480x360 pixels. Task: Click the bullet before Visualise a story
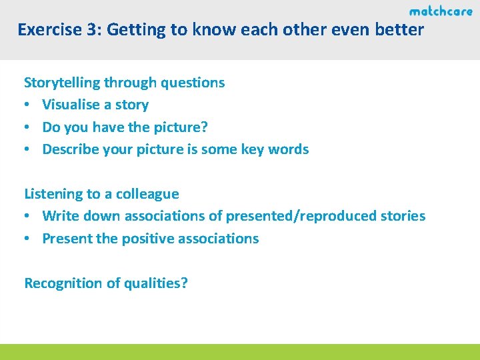[27, 105]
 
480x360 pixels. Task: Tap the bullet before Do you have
[27, 127]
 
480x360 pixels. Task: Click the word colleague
[147, 194]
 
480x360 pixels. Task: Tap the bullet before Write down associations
[27, 217]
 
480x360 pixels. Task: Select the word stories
[401, 216]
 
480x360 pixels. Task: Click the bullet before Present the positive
[27, 239]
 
